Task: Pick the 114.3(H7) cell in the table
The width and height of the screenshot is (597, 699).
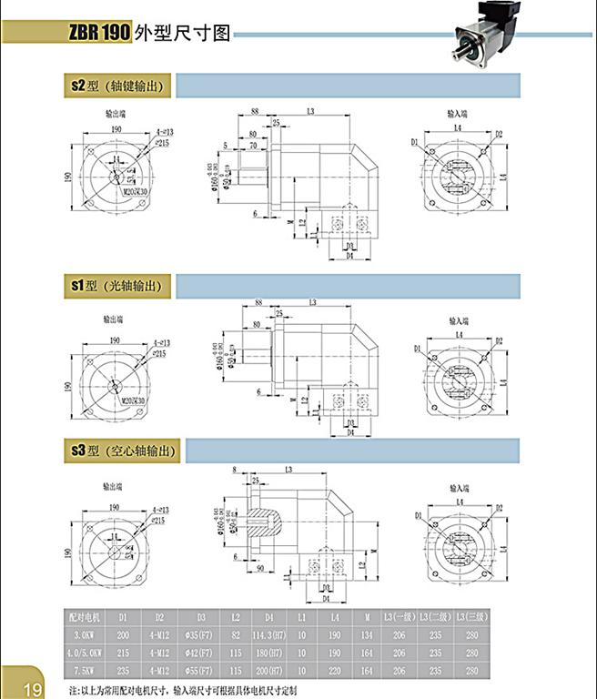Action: (x=269, y=634)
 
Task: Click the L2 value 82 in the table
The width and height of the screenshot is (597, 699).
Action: (x=235, y=634)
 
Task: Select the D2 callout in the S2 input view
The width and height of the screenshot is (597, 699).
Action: (x=500, y=134)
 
